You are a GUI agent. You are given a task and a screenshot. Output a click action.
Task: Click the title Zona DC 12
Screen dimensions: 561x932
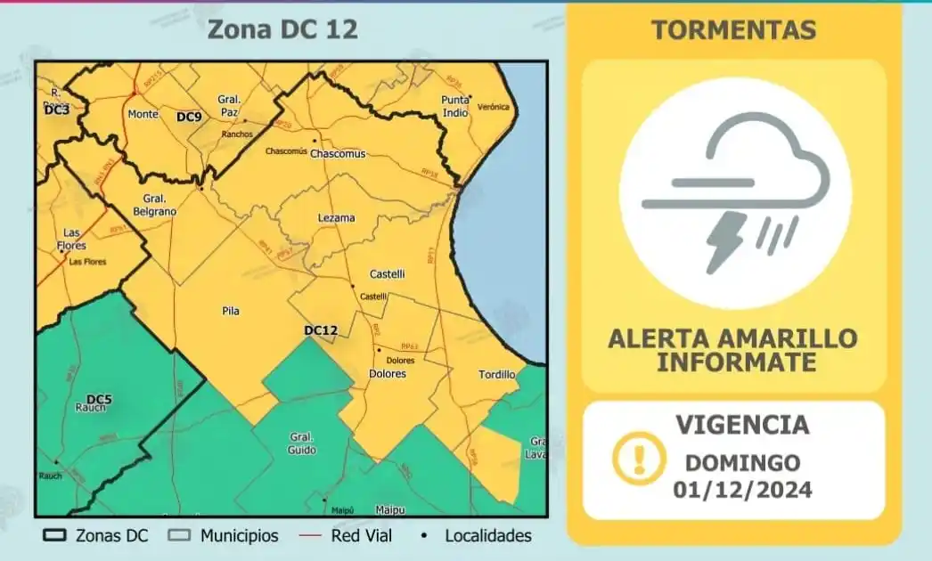coord(282,29)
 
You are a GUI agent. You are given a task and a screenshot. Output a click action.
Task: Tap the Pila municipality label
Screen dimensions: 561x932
coord(230,311)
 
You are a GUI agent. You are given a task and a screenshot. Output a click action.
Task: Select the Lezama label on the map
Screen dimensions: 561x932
coord(336,217)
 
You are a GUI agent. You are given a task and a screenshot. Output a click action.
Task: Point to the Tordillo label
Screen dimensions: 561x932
coord(496,374)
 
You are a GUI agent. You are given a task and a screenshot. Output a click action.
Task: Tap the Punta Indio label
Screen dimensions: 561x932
coord(455,105)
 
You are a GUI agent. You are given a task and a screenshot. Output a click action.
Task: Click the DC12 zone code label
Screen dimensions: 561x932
coord(321,330)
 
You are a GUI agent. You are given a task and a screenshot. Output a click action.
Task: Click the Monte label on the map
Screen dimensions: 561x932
coord(143,114)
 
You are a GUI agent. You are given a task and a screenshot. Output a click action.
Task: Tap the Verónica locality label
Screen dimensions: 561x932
coord(494,107)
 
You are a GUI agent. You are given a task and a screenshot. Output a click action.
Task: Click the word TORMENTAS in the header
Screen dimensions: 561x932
coord(733,29)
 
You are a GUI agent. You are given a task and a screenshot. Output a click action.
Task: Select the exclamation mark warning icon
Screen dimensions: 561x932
coord(639,458)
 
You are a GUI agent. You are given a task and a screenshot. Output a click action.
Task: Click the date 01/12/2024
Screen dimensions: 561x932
coord(742,489)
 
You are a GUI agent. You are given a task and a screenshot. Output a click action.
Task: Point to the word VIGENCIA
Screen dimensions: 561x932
coord(742,425)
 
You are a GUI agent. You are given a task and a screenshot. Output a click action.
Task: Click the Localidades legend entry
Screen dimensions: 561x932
coord(478,535)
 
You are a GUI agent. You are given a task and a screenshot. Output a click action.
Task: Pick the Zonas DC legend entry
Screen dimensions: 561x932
coord(95,535)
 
